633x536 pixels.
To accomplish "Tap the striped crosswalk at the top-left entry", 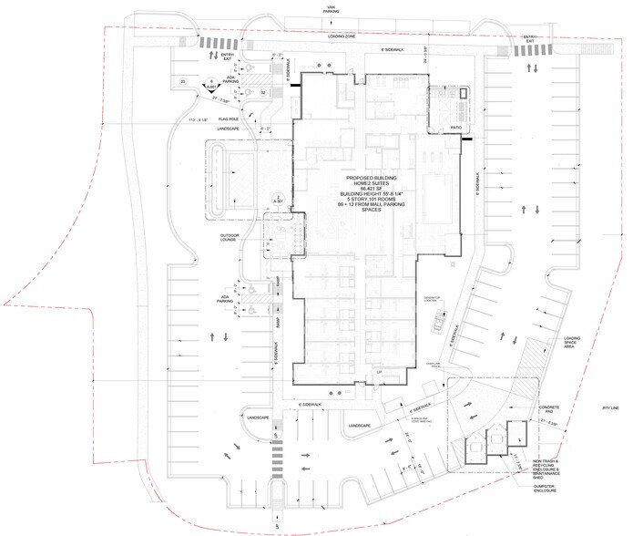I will coord(212,44).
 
